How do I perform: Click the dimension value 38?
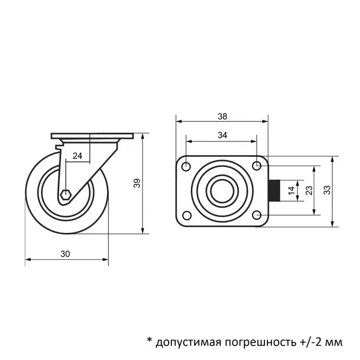(222, 116)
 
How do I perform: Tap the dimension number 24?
(77, 156)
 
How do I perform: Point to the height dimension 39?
(137, 184)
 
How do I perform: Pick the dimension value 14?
(292, 190)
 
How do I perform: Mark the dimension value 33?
(327, 190)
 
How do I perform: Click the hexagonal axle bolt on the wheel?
(65, 195)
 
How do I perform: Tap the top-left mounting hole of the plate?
(186, 166)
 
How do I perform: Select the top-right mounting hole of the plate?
(257, 165)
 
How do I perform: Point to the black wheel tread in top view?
(275, 190)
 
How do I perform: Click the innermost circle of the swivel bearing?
(222, 190)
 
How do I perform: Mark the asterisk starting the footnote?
(149, 340)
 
